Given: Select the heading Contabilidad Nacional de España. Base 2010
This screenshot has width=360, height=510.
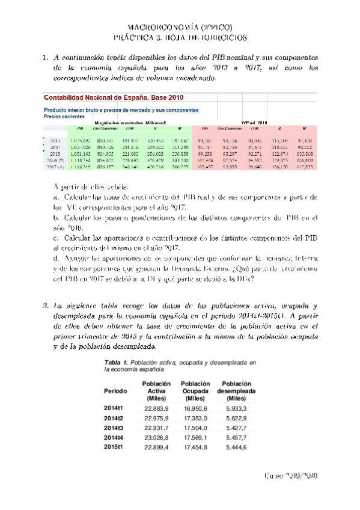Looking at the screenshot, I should click(x=114, y=97).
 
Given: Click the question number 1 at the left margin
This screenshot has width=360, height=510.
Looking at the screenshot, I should click(x=45, y=58).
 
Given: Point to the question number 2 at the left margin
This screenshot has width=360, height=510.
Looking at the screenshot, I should click(x=45, y=306).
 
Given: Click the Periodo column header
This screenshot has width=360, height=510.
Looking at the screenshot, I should click(x=115, y=391).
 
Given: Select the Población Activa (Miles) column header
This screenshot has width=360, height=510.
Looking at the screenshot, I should click(x=156, y=391).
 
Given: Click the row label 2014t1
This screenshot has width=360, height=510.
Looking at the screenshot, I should click(x=113, y=408).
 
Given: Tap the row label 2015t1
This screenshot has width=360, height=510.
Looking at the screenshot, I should click(x=113, y=447).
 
